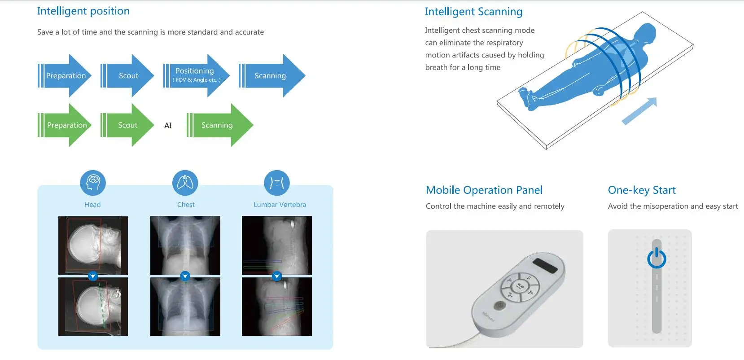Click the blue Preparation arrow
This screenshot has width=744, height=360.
(x=65, y=75)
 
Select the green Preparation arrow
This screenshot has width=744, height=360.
(x=65, y=125)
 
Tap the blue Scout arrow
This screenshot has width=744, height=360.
(x=127, y=75)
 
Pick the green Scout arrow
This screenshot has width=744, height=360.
(x=127, y=125)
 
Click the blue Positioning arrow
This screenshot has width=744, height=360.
(x=196, y=75)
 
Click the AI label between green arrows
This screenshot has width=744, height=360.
(x=168, y=126)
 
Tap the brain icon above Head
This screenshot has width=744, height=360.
(x=93, y=183)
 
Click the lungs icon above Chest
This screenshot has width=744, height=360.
(x=185, y=183)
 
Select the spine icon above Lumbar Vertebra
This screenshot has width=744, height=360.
(x=277, y=183)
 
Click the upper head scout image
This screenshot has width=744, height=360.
(x=93, y=245)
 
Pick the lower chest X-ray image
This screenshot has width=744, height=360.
(x=185, y=306)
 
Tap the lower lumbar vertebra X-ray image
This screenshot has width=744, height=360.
(x=277, y=306)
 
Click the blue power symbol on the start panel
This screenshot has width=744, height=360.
(x=656, y=258)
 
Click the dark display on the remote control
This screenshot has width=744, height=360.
(x=545, y=265)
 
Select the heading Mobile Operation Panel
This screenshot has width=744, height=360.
(x=484, y=190)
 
